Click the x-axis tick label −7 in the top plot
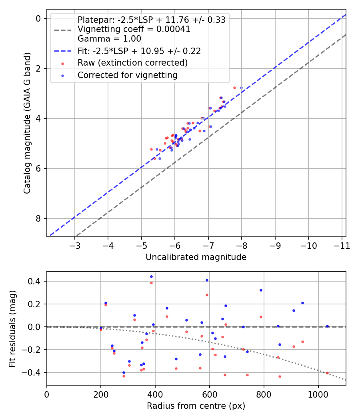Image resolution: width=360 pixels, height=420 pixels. point(208,246)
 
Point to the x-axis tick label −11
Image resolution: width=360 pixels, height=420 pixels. point(342,246)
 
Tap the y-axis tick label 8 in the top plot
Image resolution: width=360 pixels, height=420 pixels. point(38,218)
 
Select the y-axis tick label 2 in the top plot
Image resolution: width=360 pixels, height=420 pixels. point(38,68)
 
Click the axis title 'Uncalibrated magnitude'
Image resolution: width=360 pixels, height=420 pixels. point(196,257)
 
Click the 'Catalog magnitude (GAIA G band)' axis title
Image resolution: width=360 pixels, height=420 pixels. point(27,123)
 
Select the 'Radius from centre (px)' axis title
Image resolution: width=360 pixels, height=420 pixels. point(196,406)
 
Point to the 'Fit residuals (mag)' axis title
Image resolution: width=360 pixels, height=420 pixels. point(12,329)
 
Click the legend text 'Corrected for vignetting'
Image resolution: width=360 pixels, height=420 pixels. point(128,75)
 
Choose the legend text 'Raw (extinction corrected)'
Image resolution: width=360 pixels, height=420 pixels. point(132,63)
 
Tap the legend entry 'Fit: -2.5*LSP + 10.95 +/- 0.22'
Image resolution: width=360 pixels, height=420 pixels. point(139,51)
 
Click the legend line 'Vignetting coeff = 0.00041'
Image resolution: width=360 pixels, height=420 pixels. point(134,29)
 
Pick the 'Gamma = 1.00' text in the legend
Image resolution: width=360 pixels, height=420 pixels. point(109,39)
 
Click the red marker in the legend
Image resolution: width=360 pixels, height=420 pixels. point(63,64)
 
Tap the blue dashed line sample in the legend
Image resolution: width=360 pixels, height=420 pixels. point(63,51)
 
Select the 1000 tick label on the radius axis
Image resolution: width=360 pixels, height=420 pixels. point(318,394)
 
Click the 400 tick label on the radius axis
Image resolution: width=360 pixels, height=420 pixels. point(155,394)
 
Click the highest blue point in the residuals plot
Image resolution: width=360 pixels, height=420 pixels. point(151,277)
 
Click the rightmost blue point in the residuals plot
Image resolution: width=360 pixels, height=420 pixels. point(327,326)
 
